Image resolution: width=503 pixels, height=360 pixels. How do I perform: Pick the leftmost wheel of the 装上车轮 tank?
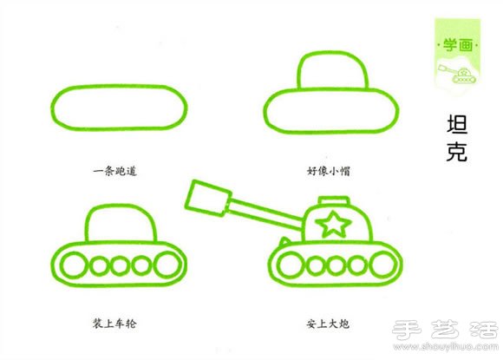click(69, 263)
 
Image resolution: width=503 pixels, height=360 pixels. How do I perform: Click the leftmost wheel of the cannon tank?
click(282, 264)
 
